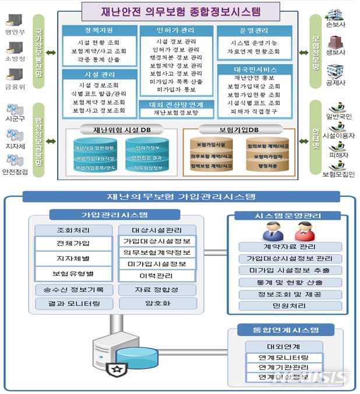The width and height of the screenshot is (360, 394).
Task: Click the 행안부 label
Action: click(x=12, y=32)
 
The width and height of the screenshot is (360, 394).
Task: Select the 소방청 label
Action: click(x=12, y=58)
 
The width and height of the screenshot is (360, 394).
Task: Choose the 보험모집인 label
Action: click(x=337, y=174)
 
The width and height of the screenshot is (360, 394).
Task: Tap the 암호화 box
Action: click(x=157, y=304)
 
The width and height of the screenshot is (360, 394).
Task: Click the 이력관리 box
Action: click(x=157, y=275)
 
